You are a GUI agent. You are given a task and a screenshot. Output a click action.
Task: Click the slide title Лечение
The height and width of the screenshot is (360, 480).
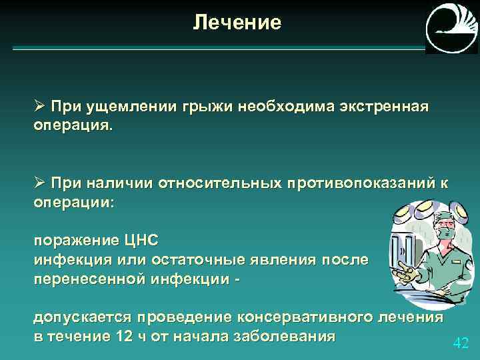(238, 23)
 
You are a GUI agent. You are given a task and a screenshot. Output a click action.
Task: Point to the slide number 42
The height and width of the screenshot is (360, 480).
(461, 343)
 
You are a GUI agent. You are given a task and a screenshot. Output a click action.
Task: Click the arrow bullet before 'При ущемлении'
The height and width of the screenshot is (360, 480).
(39, 107)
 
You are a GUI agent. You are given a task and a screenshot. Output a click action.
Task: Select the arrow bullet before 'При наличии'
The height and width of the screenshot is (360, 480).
(39, 184)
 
